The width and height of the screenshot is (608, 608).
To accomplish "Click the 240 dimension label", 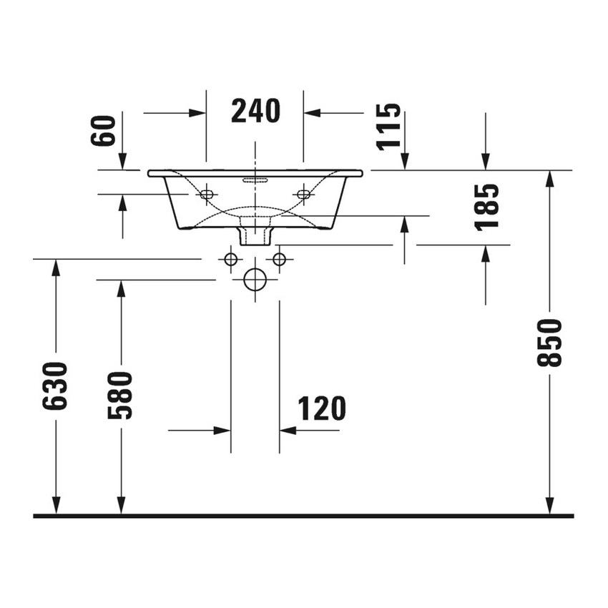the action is click(x=255, y=112).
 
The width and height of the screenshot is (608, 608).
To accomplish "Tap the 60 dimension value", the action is click(x=103, y=131).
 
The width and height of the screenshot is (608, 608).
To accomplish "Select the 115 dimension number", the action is click(x=388, y=127).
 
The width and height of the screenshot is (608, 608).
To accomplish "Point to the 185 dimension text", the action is click(x=486, y=207).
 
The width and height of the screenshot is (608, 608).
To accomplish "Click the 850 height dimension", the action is click(x=549, y=343).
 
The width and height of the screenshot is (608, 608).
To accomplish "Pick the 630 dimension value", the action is click(x=55, y=386).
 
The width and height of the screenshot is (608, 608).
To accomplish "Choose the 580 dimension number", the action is click(x=120, y=395).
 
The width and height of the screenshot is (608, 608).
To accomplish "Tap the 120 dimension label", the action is click(x=322, y=408).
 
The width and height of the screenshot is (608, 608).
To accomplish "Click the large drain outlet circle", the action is click(x=255, y=280).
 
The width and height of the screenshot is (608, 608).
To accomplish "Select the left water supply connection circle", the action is click(x=231, y=259).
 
